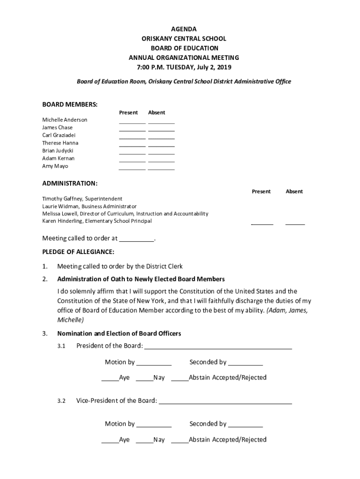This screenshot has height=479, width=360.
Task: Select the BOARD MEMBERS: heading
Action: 70,104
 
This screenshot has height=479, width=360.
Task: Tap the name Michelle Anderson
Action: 65,120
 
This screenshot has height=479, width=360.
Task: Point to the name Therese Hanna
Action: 60,143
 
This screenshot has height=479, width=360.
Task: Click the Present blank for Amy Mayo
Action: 132,168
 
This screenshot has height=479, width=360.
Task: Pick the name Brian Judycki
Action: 58,151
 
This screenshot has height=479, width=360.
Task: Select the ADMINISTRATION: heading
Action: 70,183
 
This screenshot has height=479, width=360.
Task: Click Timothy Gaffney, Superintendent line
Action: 82,199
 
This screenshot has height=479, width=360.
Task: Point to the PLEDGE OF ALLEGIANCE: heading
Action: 78,252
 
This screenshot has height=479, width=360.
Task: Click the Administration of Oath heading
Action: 141,279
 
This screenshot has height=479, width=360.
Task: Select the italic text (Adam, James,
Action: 287,311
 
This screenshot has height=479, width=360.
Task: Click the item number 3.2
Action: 61,401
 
